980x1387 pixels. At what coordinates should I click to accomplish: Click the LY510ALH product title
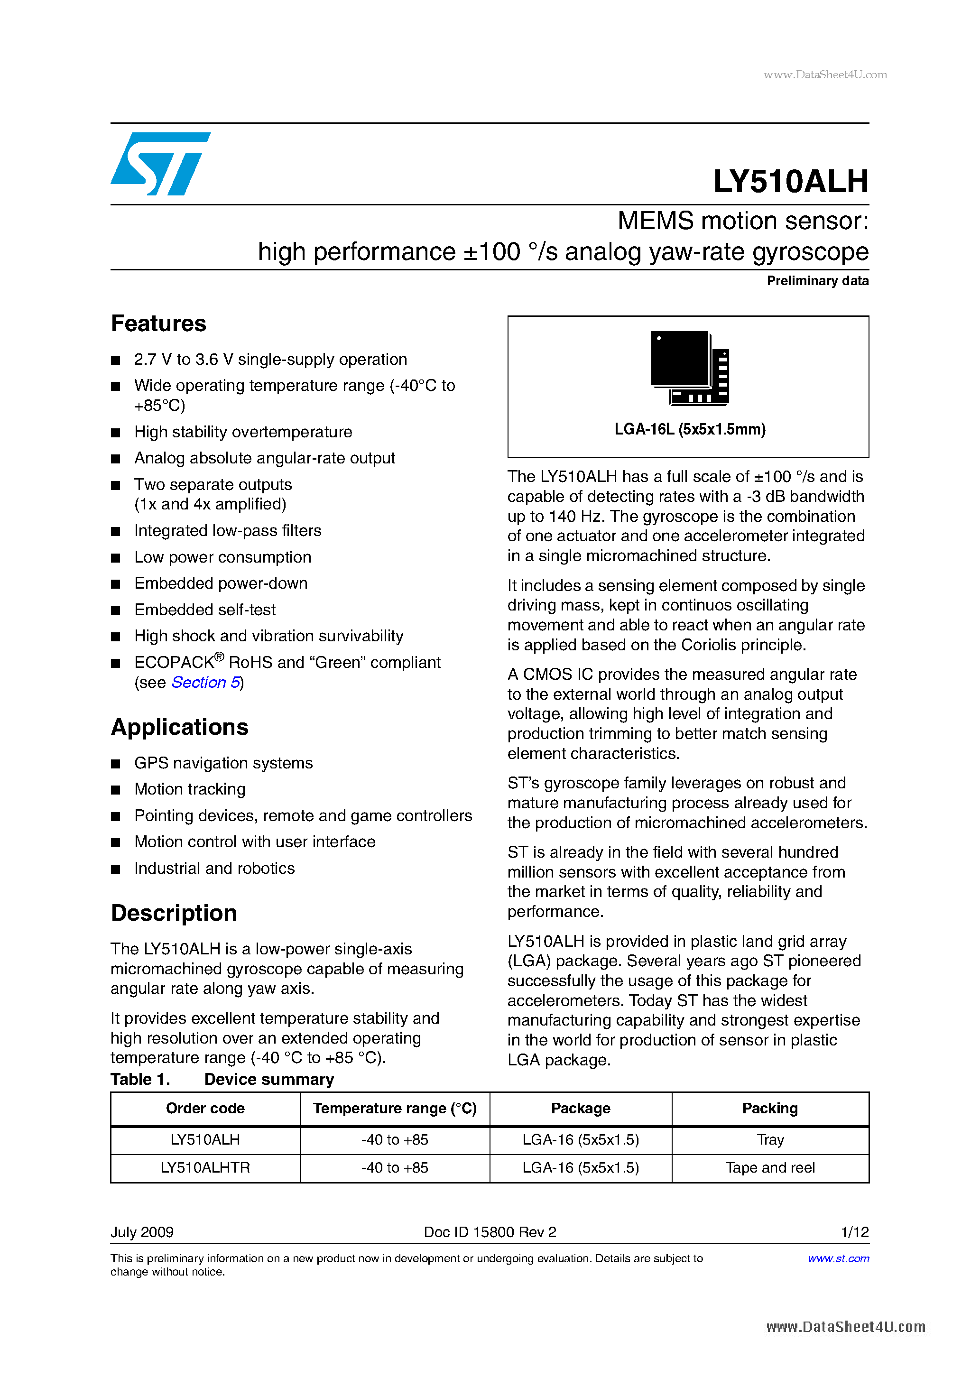790,181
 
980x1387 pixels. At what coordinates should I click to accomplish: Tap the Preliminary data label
817,281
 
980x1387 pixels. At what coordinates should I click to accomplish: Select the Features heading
159,324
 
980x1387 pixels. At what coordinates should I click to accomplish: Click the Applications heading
179,727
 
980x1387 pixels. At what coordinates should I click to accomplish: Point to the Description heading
174,913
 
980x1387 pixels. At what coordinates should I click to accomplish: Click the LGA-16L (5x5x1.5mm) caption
689,429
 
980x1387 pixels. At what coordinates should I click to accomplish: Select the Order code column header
205,1109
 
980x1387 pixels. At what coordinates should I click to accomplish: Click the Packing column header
770,1109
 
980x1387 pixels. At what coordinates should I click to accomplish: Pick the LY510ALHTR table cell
205,1168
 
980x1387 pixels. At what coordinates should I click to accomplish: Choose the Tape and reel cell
770,1168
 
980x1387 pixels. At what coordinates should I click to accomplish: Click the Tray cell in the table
770,1140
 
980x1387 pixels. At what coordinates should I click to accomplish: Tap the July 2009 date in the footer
142,1232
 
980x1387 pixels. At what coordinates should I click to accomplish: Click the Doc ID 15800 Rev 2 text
490,1232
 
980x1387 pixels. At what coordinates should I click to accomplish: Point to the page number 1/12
854,1232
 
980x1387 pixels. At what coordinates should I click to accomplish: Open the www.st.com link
838,1259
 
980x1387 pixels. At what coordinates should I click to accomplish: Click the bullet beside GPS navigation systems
116,764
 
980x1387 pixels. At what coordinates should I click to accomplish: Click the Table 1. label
140,1080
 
